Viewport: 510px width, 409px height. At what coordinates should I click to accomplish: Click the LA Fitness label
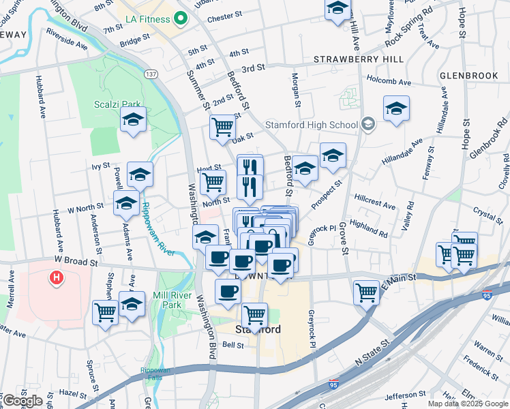click(x=147, y=19)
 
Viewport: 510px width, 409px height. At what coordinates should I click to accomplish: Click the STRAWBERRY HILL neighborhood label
click(x=350, y=60)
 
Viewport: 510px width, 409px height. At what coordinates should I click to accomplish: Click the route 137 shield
click(x=151, y=74)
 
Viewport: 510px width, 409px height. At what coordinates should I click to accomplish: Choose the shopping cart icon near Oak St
click(x=222, y=126)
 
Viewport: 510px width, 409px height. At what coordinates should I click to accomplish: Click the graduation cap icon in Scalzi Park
click(x=134, y=120)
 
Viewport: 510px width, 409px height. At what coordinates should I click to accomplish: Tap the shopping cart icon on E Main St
click(x=366, y=292)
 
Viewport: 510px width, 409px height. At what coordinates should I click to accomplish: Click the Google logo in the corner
click(x=22, y=401)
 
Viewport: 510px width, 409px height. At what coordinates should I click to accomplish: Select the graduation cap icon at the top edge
click(x=337, y=10)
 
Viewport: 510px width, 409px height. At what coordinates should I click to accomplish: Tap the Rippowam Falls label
click(x=155, y=374)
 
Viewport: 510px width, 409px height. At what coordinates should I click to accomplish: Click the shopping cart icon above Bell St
click(x=254, y=314)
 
